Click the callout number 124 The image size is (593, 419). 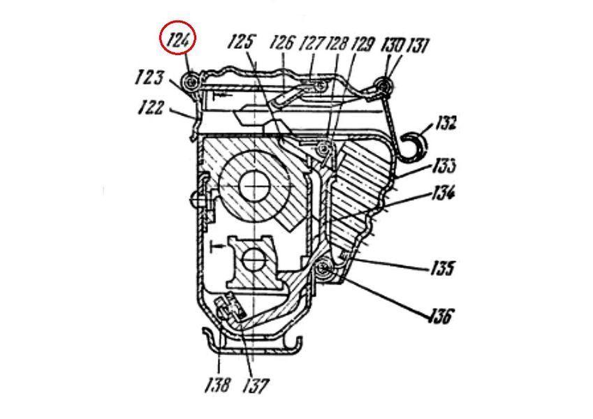(177, 41)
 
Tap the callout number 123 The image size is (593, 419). (149, 78)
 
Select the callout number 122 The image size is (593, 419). (150, 108)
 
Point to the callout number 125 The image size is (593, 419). (241, 42)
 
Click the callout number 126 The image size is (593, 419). (281, 43)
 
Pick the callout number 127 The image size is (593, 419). (312, 43)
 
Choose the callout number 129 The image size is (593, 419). (363, 44)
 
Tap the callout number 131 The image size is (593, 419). (417, 46)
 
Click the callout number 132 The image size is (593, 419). (446, 123)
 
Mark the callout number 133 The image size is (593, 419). (444, 166)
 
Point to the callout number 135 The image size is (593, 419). (441, 268)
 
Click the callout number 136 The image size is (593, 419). (440, 315)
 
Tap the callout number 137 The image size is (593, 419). (256, 385)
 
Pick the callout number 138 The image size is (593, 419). (217, 385)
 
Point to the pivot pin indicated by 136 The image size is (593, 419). (323, 267)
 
